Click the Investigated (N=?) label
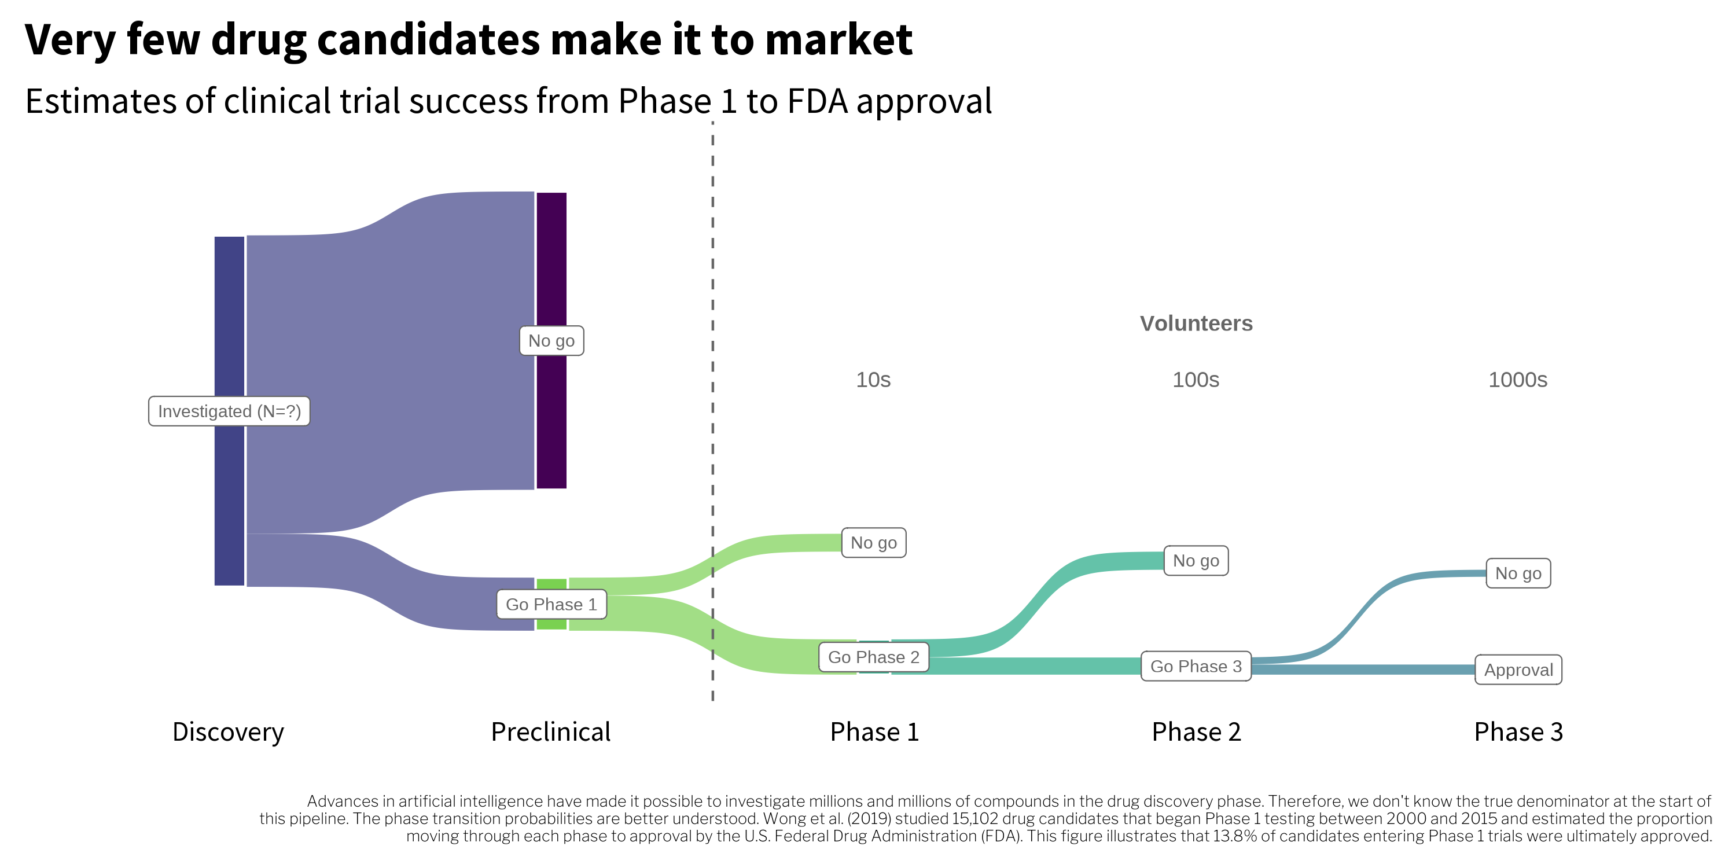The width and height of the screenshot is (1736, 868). tap(229, 411)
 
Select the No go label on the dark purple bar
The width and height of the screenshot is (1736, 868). tap(551, 341)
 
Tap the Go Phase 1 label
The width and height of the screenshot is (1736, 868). tap(551, 605)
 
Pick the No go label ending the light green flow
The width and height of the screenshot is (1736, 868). tap(873, 543)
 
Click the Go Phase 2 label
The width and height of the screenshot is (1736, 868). tap(873, 657)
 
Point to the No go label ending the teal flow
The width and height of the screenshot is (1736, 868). tap(1196, 561)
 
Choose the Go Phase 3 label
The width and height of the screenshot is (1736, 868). tap(1196, 667)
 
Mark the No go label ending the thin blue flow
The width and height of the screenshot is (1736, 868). tap(1518, 573)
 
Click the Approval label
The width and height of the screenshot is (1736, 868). tap(1518, 670)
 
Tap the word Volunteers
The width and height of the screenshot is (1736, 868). tap(1196, 323)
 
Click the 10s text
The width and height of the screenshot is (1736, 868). tap(873, 380)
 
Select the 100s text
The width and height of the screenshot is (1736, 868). tap(1196, 380)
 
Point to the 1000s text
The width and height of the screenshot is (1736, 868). tap(1518, 380)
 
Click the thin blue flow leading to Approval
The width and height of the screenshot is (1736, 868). tap(1361, 669)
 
